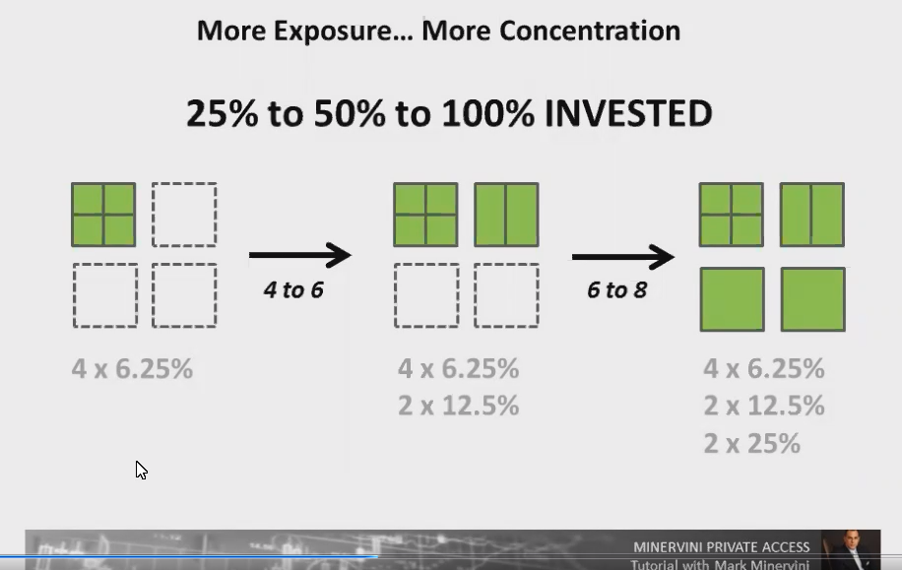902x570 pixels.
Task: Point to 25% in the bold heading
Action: click(x=224, y=113)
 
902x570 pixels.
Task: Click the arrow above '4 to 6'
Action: click(x=299, y=255)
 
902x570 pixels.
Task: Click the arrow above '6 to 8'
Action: click(x=622, y=258)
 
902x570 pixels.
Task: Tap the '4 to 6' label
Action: click(x=293, y=289)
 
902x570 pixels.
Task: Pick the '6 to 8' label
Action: click(x=616, y=289)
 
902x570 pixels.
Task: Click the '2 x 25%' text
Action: click(x=751, y=443)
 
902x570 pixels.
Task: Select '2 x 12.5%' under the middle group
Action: click(x=458, y=406)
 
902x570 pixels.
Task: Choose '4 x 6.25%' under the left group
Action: click(x=132, y=369)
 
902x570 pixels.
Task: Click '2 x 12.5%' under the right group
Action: click(x=764, y=406)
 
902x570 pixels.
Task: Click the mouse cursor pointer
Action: click(x=141, y=470)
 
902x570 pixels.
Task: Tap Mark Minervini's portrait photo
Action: click(x=849, y=549)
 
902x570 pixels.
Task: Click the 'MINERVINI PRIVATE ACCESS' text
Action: click(x=721, y=546)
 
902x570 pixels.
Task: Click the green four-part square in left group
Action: click(x=103, y=215)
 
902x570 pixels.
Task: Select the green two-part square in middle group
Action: click(x=506, y=215)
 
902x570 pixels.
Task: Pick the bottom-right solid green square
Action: click(x=812, y=299)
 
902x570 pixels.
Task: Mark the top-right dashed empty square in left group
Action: click(x=184, y=215)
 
